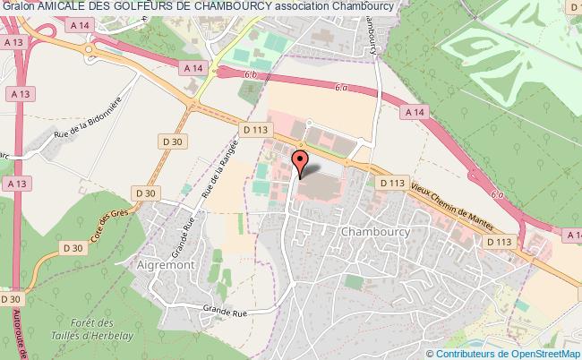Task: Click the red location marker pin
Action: [x=301, y=162]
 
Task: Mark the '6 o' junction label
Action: [x=498, y=194]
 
